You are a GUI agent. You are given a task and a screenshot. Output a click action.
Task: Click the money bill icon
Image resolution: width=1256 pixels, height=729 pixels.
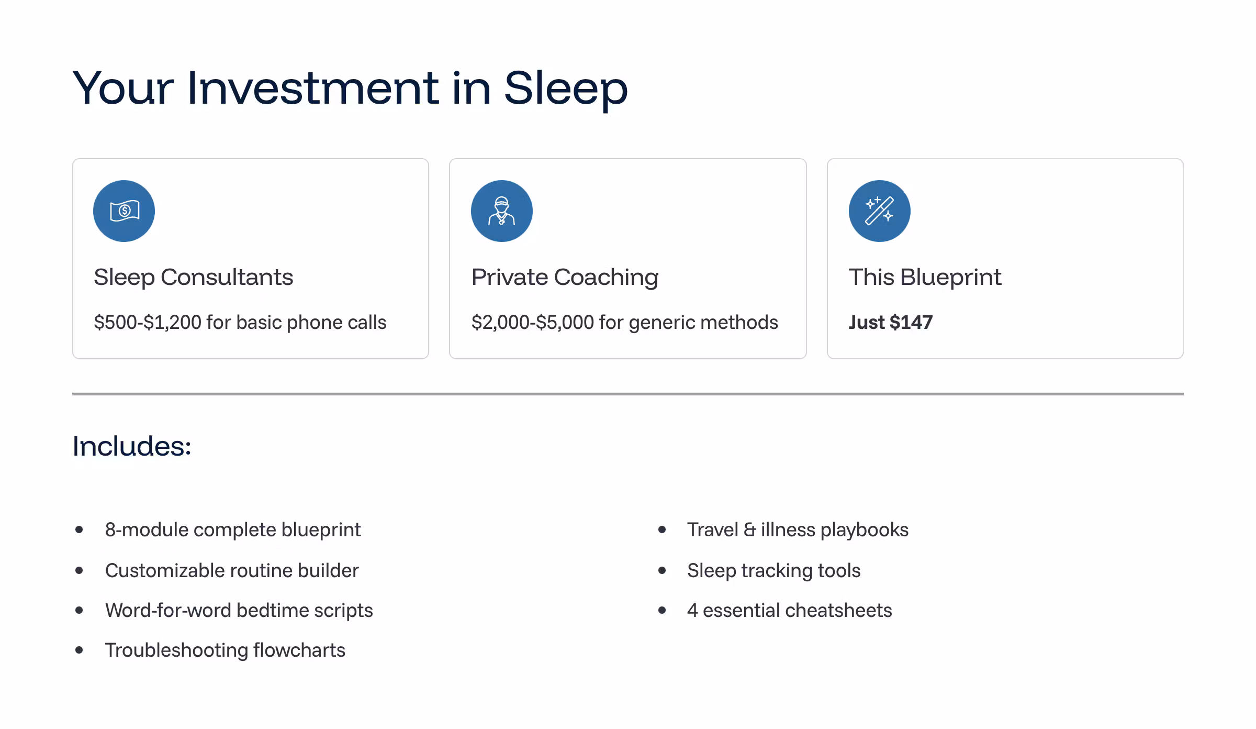[124, 211]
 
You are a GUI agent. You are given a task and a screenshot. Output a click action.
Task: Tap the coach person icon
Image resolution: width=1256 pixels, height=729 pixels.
[501, 211]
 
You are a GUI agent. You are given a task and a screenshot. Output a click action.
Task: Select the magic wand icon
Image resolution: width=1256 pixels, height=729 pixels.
[879, 211]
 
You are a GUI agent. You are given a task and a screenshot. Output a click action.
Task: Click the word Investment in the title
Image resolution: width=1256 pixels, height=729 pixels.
[312, 88]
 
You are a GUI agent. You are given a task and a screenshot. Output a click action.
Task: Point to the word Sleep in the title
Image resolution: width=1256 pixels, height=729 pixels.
[566, 89]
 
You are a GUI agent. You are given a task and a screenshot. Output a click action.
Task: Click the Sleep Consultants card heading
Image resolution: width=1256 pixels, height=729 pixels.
[193, 277]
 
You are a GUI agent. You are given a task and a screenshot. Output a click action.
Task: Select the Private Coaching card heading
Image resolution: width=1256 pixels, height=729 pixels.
[565, 277]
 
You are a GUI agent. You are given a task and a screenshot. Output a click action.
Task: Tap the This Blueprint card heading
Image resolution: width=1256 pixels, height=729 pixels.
[925, 277]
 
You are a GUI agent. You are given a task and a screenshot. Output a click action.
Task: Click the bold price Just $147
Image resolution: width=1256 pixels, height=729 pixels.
[891, 322]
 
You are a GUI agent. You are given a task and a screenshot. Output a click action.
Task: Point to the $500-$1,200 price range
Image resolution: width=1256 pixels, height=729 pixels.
[148, 322]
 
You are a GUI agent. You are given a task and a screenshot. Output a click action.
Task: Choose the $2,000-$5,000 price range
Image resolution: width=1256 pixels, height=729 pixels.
[533, 322]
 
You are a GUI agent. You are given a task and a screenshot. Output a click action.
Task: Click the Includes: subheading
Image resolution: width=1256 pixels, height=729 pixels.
[132, 446]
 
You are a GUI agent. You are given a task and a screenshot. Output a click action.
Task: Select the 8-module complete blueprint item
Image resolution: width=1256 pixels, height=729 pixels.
[233, 530]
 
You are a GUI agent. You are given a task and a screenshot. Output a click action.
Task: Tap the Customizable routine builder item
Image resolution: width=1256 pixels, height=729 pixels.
[232, 570]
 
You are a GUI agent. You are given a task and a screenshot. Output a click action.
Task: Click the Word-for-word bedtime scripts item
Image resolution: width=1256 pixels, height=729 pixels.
[239, 611]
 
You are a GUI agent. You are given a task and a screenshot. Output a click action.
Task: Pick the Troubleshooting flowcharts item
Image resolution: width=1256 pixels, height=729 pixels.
[225, 650]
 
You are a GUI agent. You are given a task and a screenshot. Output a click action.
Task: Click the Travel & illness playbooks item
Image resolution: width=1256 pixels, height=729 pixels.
[798, 530]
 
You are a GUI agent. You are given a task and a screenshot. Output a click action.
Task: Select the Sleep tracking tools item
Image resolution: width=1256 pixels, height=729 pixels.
[773, 570]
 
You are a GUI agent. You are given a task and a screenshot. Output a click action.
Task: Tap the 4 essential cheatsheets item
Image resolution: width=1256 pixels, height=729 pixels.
[789, 611]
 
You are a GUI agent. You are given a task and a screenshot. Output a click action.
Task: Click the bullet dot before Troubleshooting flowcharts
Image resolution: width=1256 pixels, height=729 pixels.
[79, 650]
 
